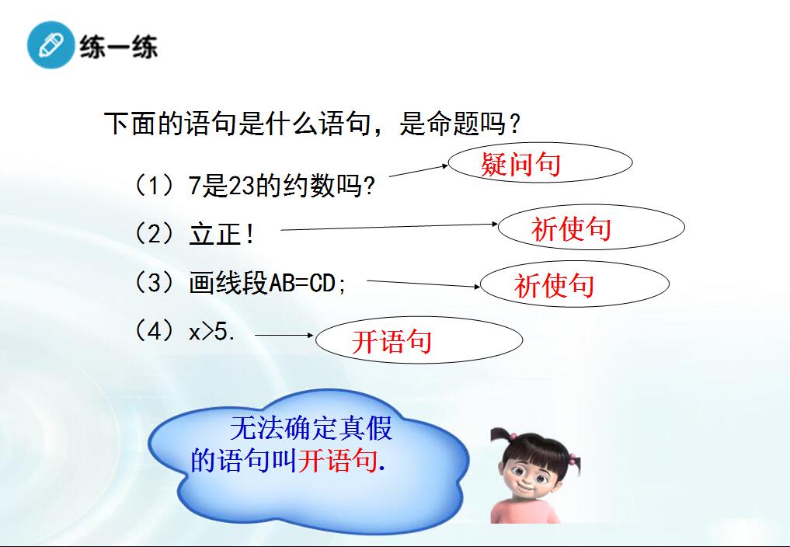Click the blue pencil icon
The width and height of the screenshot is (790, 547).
(51, 45)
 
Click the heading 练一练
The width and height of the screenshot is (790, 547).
(118, 47)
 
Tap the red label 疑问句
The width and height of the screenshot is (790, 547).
(520, 165)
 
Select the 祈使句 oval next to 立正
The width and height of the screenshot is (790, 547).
(591, 227)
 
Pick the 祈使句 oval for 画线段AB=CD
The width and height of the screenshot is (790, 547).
(575, 284)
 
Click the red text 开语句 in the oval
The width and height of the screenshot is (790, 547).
(392, 342)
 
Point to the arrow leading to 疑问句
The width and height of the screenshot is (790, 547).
(419, 171)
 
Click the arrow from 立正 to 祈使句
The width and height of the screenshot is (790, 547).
(389, 227)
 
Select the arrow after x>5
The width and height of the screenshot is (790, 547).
(284, 335)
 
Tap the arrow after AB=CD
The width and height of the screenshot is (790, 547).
(423, 284)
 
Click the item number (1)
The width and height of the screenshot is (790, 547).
(155, 186)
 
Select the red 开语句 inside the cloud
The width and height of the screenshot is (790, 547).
(338, 460)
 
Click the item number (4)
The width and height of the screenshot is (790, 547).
(155, 332)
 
